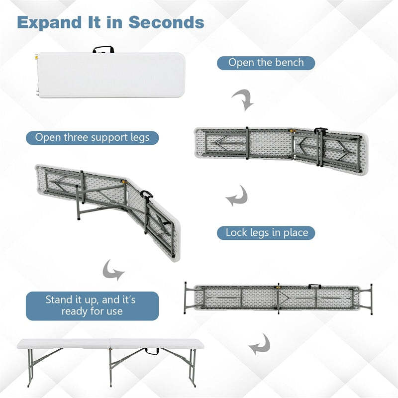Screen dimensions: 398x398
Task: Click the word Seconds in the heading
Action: pos(166,22)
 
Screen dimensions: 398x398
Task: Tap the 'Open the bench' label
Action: pos(266,63)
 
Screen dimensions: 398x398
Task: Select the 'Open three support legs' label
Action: pos(92,137)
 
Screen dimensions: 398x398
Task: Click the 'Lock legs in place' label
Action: pos(266,232)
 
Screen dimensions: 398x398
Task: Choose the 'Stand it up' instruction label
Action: pos(92,306)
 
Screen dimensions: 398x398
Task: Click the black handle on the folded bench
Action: pos(103,49)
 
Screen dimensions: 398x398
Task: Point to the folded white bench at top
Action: pos(111,75)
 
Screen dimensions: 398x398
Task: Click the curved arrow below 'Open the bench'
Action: pos(243,100)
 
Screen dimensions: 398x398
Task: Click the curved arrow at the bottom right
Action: pos(259,344)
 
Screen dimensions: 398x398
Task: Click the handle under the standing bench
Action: pos(152,352)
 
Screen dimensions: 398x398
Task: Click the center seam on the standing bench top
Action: pos(110,343)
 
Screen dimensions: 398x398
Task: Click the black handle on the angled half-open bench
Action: pos(146,195)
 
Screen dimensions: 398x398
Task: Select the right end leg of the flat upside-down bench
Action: pos(371,298)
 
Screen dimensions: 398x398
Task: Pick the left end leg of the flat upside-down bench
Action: pos(185,298)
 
